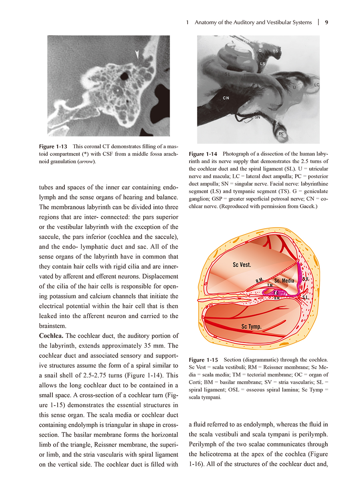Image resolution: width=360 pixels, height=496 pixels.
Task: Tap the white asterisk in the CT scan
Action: (x=118, y=91)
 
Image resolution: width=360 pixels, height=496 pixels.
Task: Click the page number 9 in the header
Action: (x=326, y=22)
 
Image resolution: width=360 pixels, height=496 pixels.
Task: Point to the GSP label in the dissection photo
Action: (x=247, y=41)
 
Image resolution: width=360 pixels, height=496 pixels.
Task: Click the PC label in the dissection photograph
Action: (x=281, y=133)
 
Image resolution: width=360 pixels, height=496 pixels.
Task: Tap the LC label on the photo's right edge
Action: (x=317, y=85)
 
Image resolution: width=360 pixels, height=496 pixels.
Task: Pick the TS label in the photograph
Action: (x=276, y=51)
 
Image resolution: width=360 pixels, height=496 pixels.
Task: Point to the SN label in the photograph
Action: (x=258, y=117)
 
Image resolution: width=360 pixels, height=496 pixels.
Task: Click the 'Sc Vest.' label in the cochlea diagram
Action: (x=242, y=265)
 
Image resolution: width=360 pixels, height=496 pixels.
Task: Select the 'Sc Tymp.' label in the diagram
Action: (x=251, y=327)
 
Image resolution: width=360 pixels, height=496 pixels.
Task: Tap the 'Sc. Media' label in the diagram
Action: (x=284, y=281)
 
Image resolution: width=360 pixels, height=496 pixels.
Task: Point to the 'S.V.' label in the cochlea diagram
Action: (x=306, y=279)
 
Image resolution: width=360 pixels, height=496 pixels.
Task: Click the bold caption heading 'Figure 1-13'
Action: (x=53, y=146)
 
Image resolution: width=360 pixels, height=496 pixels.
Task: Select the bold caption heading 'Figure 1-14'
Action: (x=203, y=154)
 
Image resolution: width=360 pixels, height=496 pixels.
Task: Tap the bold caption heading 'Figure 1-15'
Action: (x=203, y=360)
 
